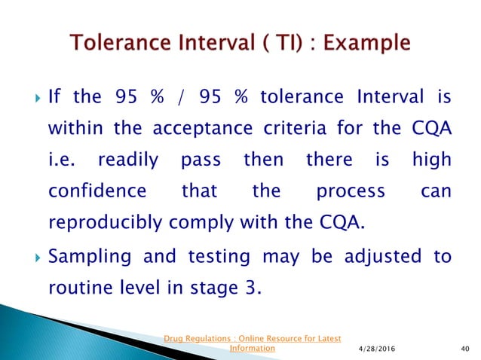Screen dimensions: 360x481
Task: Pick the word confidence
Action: [x=97, y=191]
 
